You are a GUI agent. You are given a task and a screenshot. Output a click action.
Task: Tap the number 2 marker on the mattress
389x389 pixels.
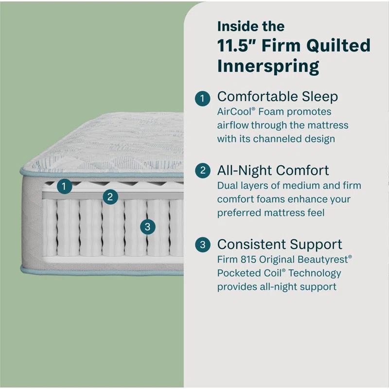[110, 196]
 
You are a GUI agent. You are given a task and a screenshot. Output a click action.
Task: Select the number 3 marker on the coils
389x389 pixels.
[147, 226]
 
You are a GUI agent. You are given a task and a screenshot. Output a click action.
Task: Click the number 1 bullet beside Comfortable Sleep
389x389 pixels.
[203, 97]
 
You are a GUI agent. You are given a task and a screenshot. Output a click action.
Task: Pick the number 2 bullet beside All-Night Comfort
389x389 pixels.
[203, 171]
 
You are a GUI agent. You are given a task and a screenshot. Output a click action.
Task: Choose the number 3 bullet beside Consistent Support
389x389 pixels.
[203, 245]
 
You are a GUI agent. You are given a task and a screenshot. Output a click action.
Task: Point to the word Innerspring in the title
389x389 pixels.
[268, 66]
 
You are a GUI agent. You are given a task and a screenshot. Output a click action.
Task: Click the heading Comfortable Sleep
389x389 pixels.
[277, 96]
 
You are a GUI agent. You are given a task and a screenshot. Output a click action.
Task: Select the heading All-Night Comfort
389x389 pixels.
[273, 170]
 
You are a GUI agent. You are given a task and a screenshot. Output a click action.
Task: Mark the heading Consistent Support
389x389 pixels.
[280, 244]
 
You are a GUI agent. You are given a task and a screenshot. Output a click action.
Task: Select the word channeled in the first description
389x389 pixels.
[279, 139]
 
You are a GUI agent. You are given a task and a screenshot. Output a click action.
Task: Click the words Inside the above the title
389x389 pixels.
[251, 25]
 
